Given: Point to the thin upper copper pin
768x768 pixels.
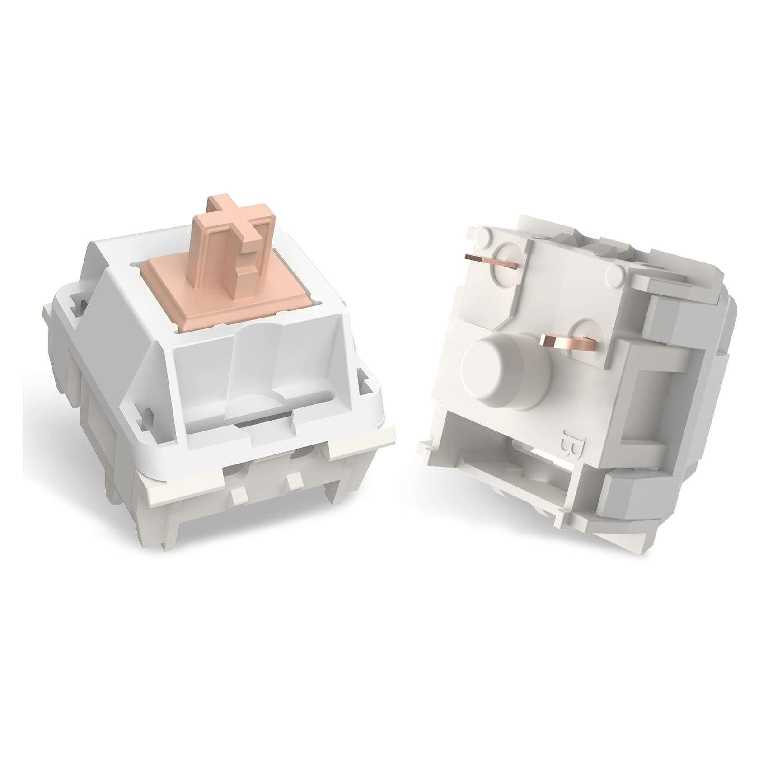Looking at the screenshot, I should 494,261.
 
